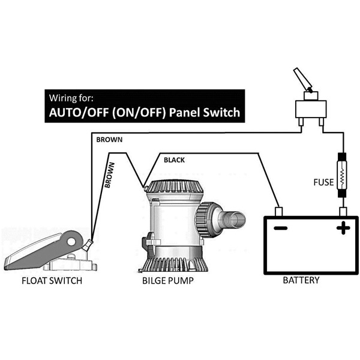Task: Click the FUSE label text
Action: coord(323,182)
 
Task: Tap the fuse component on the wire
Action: coord(342,176)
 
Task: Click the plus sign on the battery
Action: coord(343,228)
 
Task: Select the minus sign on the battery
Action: coord(281,228)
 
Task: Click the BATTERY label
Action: coord(301,280)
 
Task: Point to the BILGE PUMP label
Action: coord(168,281)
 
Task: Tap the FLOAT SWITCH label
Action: coord(52,281)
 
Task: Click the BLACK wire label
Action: coord(174,160)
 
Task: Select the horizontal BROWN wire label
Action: coord(109,140)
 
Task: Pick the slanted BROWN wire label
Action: coord(110,175)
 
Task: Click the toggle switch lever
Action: coord(302,80)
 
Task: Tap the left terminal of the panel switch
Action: coord(301,122)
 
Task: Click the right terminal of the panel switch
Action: coord(322,122)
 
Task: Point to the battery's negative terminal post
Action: coord(278,211)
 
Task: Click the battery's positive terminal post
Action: coord(343,211)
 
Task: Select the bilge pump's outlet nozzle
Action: coord(232,220)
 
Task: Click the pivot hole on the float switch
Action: coord(71,242)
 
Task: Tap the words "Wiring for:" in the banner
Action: coord(71,98)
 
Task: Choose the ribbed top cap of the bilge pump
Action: coord(175,186)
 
